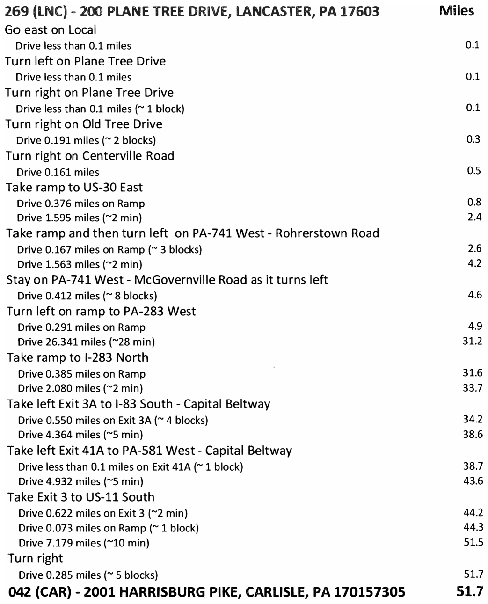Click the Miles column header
pyautogui.click(x=457, y=10)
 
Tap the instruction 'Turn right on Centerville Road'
pyautogui.click(x=90, y=156)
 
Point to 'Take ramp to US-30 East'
pyautogui.click(x=74, y=188)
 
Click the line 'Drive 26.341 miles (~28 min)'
pyautogui.click(x=86, y=342)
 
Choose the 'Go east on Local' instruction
pyautogui.click(x=51, y=30)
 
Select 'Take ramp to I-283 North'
pyautogui.click(x=78, y=357)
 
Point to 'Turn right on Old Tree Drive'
pyautogui.click(x=84, y=124)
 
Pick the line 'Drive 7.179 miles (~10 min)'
pyautogui.click(x=84, y=543)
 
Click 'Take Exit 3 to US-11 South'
pyautogui.click(x=81, y=497)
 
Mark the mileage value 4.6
pyautogui.click(x=474, y=295)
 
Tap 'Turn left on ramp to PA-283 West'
pyautogui.click(x=102, y=311)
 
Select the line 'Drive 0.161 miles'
pyautogui.click(x=58, y=172)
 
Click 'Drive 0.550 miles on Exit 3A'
pyautogui.click(x=84, y=420)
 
